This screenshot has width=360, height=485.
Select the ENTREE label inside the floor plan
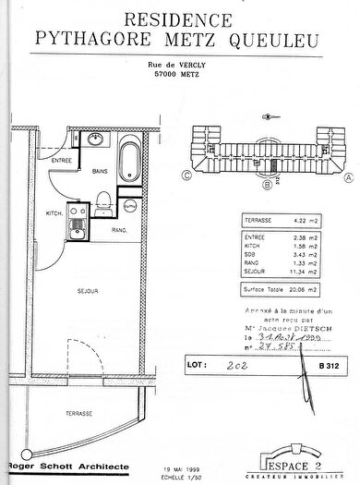tap(62, 161)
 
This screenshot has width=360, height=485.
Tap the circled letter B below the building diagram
tap(267, 183)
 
